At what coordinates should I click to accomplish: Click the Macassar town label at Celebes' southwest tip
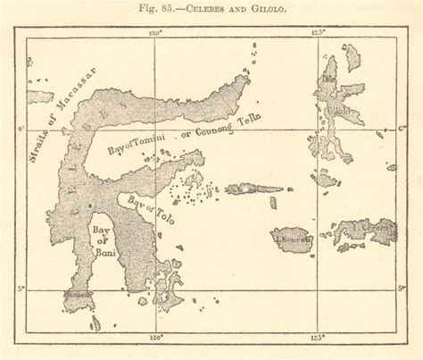coord(77,293)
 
